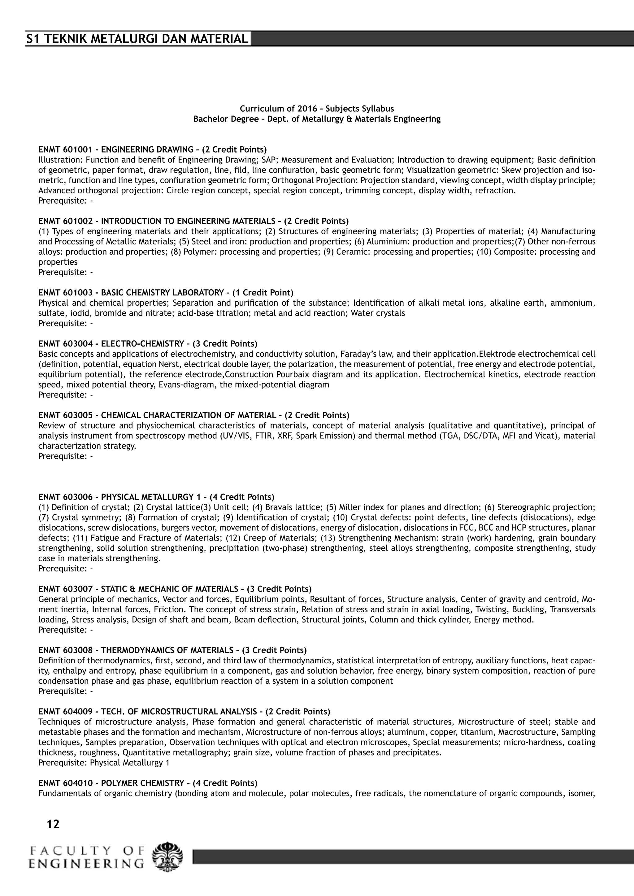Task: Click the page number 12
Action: [53, 824]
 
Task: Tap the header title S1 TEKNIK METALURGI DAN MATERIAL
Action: [137, 39]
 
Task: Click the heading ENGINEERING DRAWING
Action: [147, 149]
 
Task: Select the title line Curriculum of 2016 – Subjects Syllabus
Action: [317, 109]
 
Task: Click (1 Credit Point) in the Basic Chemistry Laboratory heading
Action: [263, 293]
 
